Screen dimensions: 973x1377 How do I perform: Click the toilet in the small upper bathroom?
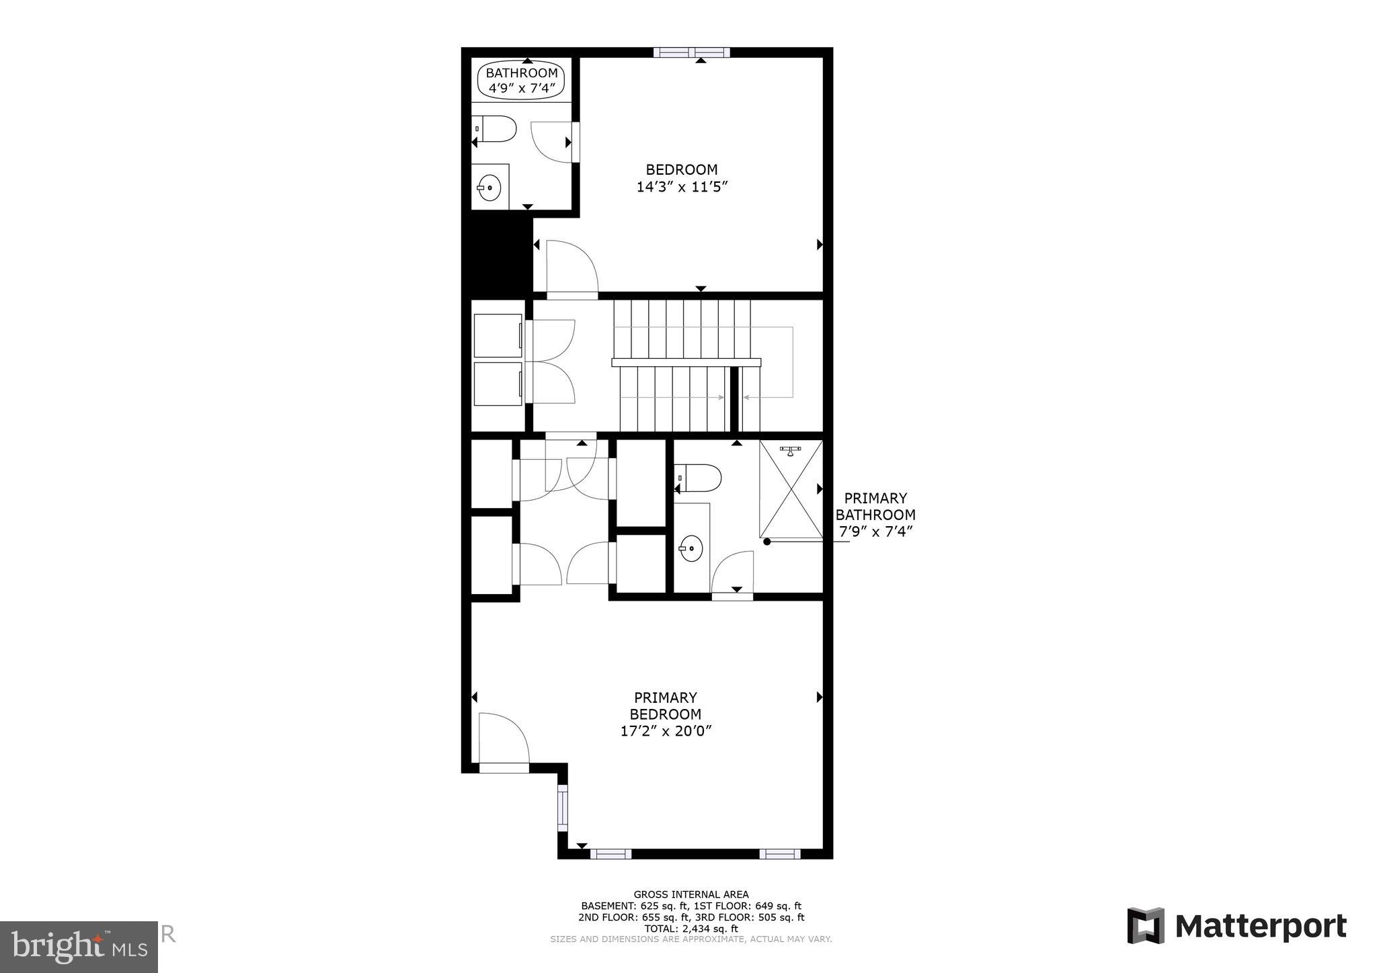click(x=497, y=128)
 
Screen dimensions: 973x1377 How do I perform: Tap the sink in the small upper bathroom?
click(x=489, y=187)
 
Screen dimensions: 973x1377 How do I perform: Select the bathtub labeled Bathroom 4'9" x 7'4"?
click(x=522, y=80)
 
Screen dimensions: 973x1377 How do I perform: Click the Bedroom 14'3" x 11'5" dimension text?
click(x=682, y=187)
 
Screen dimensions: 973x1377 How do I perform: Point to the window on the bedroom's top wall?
click(x=692, y=52)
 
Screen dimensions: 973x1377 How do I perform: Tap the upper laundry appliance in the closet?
click(x=498, y=335)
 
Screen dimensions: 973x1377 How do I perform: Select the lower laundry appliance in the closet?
click(x=498, y=384)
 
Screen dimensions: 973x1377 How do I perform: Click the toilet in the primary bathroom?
click(x=700, y=478)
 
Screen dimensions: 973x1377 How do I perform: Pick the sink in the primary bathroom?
click(x=691, y=548)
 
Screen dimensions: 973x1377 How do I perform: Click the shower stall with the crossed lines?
click(x=791, y=489)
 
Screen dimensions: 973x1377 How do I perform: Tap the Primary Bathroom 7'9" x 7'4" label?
click(x=875, y=515)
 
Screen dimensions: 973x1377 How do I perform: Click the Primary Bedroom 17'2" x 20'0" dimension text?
click(x=665, y=731)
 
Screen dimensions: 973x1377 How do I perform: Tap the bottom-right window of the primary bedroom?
click(x=779, y=854)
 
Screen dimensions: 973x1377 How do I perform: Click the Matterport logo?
click(x=1236, y=926)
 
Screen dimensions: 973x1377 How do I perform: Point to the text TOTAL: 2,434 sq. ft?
click(x=691, y=929)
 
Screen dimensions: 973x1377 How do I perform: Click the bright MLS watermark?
click(x=79, y=946)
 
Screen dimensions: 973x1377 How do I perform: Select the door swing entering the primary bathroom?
click(x=733, y=573)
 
